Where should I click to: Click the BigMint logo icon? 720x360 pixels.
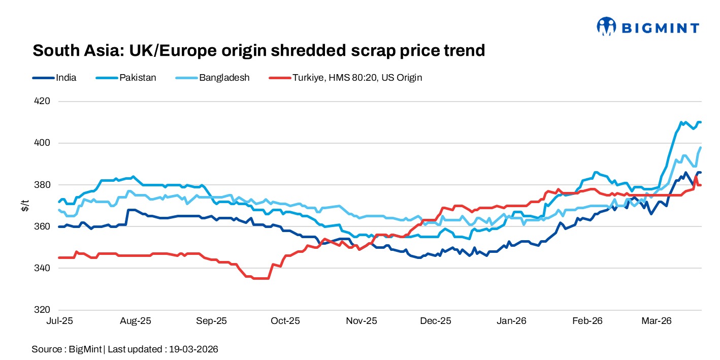(606, 26)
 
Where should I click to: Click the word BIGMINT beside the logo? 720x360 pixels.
(659, 28)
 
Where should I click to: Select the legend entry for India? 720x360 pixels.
(54, 78)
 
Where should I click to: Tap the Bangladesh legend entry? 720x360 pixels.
(213, 78)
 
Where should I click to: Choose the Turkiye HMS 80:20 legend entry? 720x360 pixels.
(346, 78)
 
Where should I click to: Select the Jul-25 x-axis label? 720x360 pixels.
(59, 321)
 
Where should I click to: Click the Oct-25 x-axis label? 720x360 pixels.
(285, 321)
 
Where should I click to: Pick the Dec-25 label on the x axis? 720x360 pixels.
(436, 321)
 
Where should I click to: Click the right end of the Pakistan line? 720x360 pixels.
(701, 122)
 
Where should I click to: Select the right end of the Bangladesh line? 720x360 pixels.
(701, 148)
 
